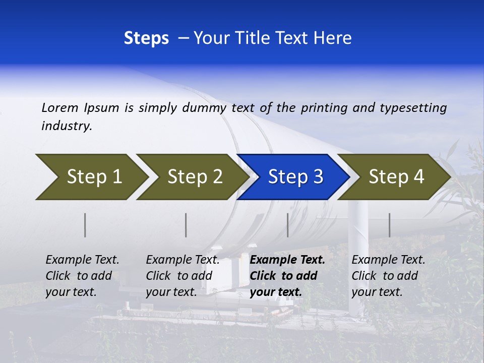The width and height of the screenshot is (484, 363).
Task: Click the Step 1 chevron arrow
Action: [x=93, y=177]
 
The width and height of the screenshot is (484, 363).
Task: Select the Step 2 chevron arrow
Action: [x=194, y=177]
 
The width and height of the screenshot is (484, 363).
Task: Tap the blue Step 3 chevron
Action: [x=295, y=177]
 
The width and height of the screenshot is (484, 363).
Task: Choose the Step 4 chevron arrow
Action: [x=396, y=177]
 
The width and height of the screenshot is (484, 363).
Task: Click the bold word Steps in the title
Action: [x=146, y=38]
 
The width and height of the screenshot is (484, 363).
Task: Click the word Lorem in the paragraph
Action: [x=60, y=107]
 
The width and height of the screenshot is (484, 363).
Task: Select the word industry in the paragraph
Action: [x=67, y=126]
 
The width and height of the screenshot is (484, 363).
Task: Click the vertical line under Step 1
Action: [x=85, y=225]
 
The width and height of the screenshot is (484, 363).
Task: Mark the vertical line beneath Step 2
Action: [x=186, y=225]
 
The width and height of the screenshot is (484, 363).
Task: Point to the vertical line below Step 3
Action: [x=288, y=225]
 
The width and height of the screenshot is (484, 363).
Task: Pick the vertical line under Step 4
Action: [x=390, y=225]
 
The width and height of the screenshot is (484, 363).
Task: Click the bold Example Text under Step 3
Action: [x=287, y=260]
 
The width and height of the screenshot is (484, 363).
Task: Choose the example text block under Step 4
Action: [x=388, y=276]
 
